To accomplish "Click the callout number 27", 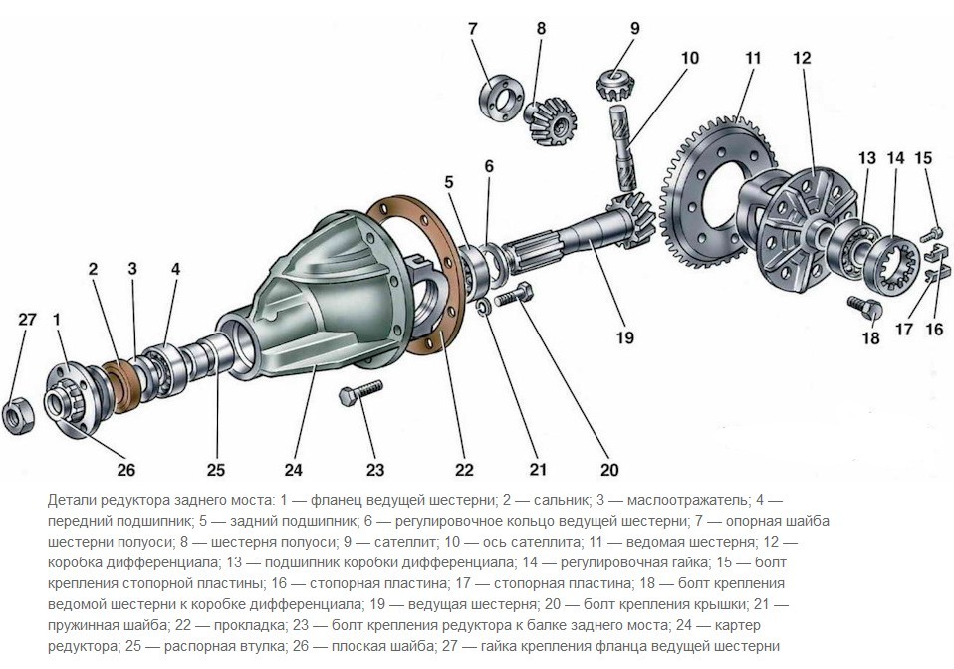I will click(x=27, y=320).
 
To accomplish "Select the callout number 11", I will click(x=751, y=58).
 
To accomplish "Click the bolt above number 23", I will click(x=360, y=399).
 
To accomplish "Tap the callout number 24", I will click(x=293, y=469).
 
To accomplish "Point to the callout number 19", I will click(x=623, y=337).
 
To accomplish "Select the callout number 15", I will click(x=923, y=157).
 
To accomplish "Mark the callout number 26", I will click(x=126, y=468).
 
